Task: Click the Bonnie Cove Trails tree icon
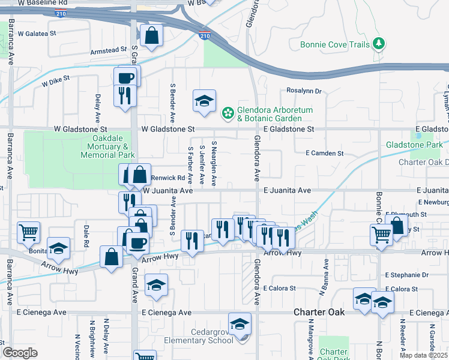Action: pyautogui.click(x=378, y=43)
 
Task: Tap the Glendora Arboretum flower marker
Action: pyautogui.click(x=228, y=112)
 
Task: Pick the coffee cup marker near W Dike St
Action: pyautogui.click(x=126, y=77)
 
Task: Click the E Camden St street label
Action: pyautogui.click(x=325, y=154)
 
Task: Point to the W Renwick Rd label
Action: pyautogui.click(x=167, y=178)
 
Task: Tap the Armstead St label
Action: pyautogui.click(x=109, y=50)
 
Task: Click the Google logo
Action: pyautogui.click(x=20, y=353)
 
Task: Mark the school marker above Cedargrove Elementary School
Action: pyautogui.click(x=240, y=324)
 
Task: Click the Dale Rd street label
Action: pyautogui.click(x=86, y=236)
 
